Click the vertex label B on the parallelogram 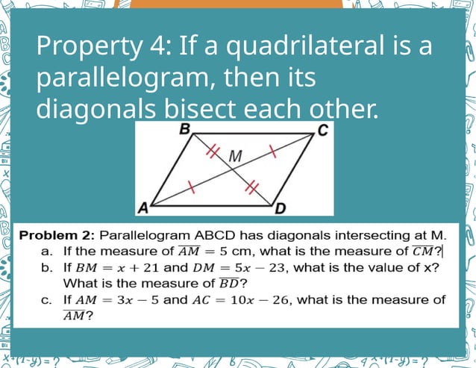tap(185, 130)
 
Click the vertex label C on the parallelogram tap(322, 131)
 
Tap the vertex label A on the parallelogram tap(140, 206)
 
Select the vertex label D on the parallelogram tap(281, 207)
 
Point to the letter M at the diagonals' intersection tap(236, 157)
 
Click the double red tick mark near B tap(213, 152)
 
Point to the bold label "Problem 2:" tap(57, 235)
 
